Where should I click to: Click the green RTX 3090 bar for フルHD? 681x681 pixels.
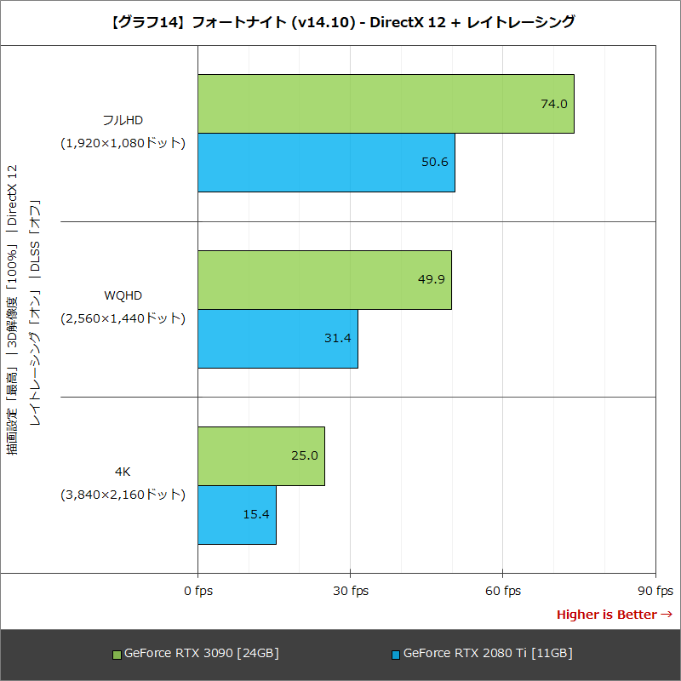coord(386,104)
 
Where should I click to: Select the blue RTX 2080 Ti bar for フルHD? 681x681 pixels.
coord(326,163)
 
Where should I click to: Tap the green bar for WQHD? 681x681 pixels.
coord(324,280)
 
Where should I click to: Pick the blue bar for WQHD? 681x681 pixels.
coord(278,339)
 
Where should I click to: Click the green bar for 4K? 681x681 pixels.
coord(261,456)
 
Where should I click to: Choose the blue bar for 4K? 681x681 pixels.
coord(237,515)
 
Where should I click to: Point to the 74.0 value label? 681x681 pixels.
coord(553,104)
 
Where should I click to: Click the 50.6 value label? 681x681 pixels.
coord(434,163)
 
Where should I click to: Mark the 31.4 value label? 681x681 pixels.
coord(337,339)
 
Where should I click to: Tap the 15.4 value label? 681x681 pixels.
coord(255,515)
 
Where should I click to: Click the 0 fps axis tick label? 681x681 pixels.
coord(197,591)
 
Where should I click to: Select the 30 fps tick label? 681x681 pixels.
coord(350,591)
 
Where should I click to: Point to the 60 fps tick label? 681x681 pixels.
coord(502,591)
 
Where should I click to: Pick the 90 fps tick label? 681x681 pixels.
coord(655,591)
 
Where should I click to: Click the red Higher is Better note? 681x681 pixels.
coord(614,615)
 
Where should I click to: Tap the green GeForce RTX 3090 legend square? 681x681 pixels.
coord(117,655)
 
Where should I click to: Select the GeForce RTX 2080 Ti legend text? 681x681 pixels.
coord(487,654)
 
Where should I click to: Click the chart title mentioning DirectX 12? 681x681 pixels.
coord(340,23)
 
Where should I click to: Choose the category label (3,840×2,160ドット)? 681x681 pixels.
coord(123,494)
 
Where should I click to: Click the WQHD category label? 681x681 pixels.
coord(123,295)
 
